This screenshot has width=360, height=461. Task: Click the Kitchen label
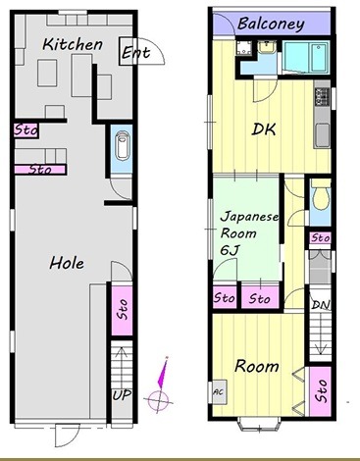(x=73, y=44)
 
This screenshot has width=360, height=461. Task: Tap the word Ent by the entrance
(x=135, y=52)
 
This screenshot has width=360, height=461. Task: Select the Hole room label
(x=67, y=263)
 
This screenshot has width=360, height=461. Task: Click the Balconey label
(x=271, y=24)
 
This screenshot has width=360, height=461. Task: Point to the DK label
(x=264, y=129)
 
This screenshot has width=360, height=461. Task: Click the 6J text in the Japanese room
(x=231, y=250)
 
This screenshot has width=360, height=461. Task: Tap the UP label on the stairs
(x=122, y=395)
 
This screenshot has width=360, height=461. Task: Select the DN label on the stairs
(x=321, y=305)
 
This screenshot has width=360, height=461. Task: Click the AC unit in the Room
(x=219, y=391)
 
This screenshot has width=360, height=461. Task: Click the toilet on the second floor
(x=320, y=198)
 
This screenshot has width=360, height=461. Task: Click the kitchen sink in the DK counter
(x=323, y=135)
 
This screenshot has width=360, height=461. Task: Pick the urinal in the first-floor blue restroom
(x=122, y=148)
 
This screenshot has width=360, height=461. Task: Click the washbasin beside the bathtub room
(x=267, y=47)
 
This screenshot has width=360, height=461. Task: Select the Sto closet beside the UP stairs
(x=122, y=310)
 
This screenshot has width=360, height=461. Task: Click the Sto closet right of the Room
(x=321, y=391)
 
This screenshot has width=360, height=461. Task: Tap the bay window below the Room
(x=260, y=424)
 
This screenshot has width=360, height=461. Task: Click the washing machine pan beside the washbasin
(x=244, y=48)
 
